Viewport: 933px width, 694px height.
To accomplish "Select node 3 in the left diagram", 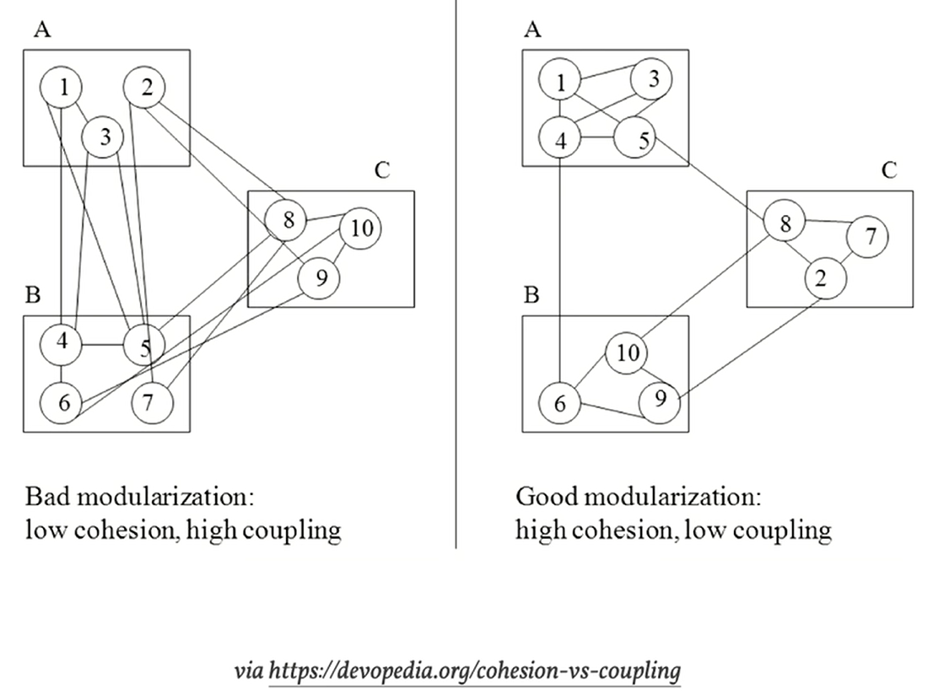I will [x=103, y=137].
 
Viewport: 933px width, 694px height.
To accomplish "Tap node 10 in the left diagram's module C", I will [x=360, y=229].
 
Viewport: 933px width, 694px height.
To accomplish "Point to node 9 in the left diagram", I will [x=319, y=277].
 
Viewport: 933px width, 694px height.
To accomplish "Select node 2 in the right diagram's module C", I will [x=820, y=278].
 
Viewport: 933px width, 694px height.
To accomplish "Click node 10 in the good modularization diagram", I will [x=626, y=352].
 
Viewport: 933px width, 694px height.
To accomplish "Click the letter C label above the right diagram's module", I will [x=889, y=170].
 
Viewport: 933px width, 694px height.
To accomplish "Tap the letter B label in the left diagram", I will [x=33, y=295].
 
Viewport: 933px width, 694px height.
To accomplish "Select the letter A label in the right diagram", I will [x=531, y=31].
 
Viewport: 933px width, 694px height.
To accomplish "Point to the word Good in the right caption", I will [x=541, y=496].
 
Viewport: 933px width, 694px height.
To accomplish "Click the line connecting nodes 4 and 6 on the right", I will [x=560, y=270].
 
